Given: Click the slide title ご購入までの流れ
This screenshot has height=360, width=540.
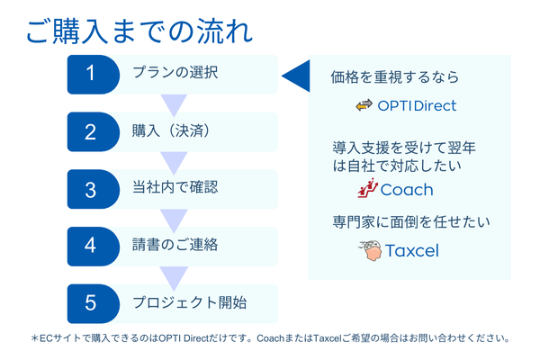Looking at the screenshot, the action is [139, 31].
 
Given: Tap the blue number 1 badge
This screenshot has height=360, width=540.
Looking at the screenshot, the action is [94, 75].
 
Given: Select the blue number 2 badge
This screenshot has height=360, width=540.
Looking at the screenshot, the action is [94, 132].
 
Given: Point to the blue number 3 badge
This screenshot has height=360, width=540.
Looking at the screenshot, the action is [94, 189].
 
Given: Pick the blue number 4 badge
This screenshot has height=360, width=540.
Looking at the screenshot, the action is [94, 247].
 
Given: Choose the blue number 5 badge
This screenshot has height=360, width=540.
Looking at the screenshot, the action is [94, 303].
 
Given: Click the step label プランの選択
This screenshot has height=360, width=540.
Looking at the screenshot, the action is [175, 72].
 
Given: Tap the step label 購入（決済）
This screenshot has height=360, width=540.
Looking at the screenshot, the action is [171, 130].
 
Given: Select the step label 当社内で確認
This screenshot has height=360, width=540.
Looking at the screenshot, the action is [175, 187].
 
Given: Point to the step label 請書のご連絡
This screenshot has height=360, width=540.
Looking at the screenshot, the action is [175, 245].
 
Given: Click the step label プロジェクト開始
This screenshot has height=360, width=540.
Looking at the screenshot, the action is [190, 302].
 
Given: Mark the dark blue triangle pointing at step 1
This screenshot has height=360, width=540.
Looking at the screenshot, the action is [296, 76].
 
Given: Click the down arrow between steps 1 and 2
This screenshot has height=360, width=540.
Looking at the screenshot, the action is [174, 105].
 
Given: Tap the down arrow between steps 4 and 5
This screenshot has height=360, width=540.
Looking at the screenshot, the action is [174, 278].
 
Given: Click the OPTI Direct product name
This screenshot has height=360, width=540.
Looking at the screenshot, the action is [417, 106].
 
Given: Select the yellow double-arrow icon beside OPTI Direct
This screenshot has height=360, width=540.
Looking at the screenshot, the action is [364, 105].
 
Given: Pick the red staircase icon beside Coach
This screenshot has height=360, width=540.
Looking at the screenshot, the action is [367, 188].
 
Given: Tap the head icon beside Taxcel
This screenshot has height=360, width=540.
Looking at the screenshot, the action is [370, 251].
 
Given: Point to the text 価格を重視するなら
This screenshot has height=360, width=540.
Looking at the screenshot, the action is [395, 76].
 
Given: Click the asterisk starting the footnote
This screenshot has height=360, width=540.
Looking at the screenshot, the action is [34, 338].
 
